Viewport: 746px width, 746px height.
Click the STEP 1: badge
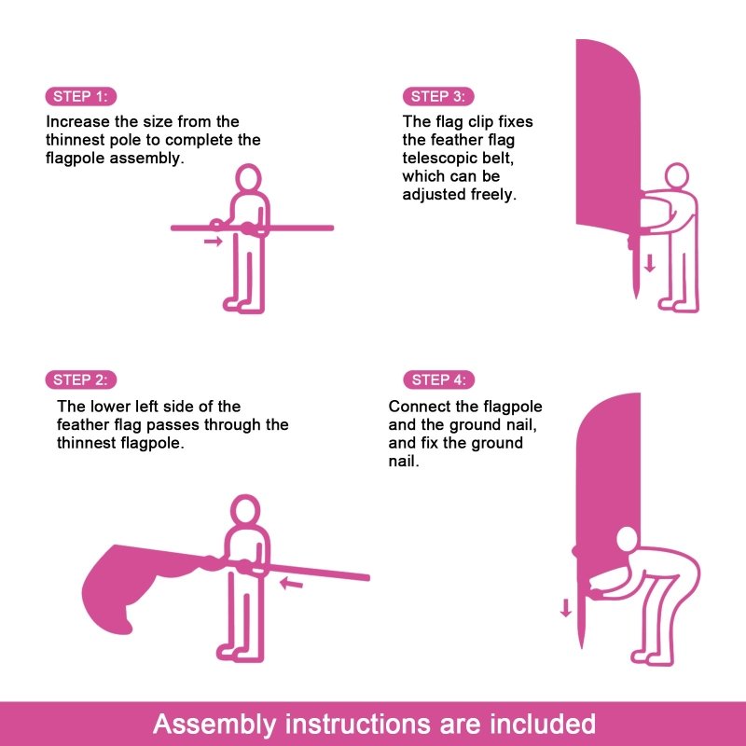click(80, 97)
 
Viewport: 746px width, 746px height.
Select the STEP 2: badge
click(80, 380)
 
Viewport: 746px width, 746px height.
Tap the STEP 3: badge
click(437, 97)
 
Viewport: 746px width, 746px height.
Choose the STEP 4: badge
click(437, 380)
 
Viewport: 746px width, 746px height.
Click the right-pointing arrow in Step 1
click(214, 242)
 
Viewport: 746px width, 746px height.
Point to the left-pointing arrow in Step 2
click(292, 585)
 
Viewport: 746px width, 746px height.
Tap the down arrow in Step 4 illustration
click(565, 609)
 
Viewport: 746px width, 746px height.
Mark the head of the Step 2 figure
click(244, 510)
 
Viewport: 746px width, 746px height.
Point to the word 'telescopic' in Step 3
click(437, 159)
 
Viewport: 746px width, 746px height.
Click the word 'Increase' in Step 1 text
click(77, 122)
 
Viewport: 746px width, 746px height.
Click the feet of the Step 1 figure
click(241, 304)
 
